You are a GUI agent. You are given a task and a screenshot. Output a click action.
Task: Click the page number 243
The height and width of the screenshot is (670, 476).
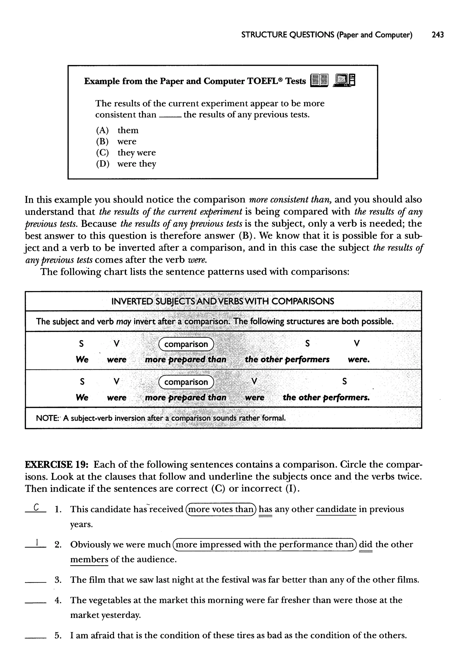(438, 35)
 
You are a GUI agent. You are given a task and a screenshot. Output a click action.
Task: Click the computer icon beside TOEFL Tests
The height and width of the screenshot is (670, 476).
(344, 80)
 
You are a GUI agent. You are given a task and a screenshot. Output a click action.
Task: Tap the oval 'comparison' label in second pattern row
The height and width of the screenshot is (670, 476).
(186, 382)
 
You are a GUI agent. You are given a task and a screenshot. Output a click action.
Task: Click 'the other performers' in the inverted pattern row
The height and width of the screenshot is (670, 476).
(326, 397)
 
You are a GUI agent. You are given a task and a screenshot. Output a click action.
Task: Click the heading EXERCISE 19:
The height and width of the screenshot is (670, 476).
(57, 465)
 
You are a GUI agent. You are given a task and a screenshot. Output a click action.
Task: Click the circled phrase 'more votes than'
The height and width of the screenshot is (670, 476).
(221, 509)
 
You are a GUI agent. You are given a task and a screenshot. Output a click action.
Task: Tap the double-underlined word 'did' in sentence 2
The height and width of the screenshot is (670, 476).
(366, 544)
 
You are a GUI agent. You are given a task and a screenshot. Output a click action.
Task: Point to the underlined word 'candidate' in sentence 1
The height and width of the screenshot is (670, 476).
(336, 509)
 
